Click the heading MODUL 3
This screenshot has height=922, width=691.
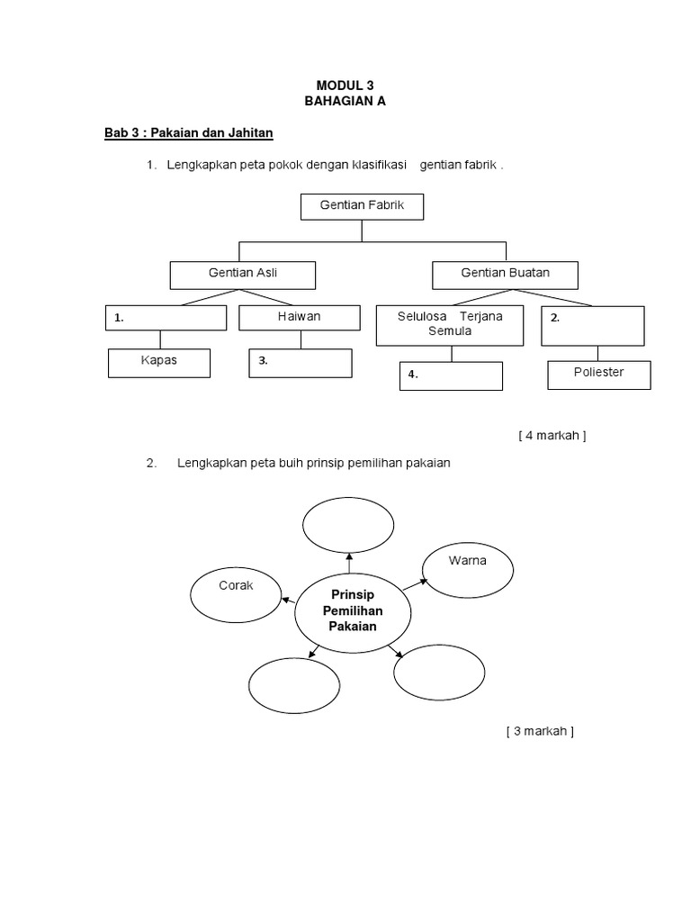pyautogui.click(x=345, y=86)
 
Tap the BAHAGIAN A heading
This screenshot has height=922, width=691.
pyautogui.click(x=345, y=102)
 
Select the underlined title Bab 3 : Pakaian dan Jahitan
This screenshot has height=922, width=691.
pyautogui.click(x=188, y=133)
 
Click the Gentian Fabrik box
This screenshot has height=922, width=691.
pyautogui.click(x=362, y=206)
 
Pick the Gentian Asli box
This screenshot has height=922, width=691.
pyautogui.click(x=243, y=274)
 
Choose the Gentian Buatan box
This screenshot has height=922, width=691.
pyautogui.click(x=505, y=274)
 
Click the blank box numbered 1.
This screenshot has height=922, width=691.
pyautogui.click(x=166, y=318)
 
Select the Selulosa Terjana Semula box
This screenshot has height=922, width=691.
pyautogui.click(x=450, y=325)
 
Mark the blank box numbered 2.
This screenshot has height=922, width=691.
pyautogui.click(x=593, y=325)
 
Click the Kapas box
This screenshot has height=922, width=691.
pyautogui.click(x=159, y=363)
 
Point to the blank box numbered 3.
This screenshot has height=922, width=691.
pyautogui.click(x=300, y=363)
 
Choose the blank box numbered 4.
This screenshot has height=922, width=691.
pyautogui.click(x=451, y=375)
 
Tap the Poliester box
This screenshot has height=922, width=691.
pyautogui.click(x=598, y=374)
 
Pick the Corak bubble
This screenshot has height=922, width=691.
pyautogui.click(x=236, y=593)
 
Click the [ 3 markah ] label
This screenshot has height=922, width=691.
pyautogui.click(x=539, y=731)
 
